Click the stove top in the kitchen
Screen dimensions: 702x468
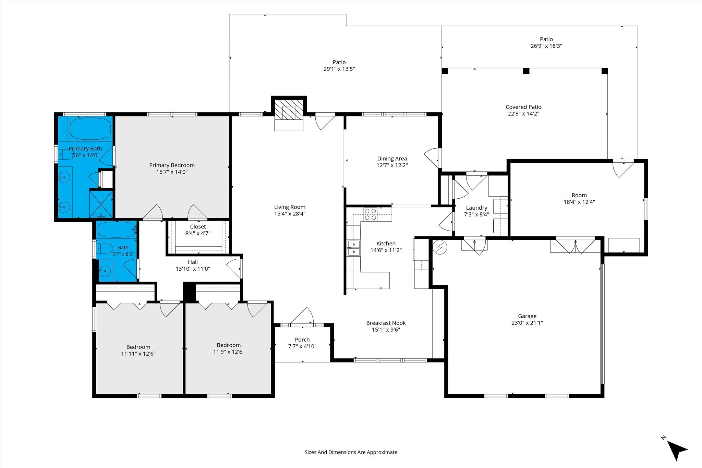(370, 214)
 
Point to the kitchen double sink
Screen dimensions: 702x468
(354, 248)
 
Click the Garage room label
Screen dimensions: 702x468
(527, 316)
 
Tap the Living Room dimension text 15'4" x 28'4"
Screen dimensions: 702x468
(290, 214)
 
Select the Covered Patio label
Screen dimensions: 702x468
(523, 107)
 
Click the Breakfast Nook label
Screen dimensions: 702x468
(386, 323)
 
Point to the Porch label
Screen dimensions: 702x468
(302, 340)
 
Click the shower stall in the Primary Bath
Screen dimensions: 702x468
(101, 204)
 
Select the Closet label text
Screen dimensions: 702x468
(198, 227)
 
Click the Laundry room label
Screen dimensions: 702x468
(476, 208)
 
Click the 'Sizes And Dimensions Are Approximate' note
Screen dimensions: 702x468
(351, 452)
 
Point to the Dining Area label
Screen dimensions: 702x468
(392, 159)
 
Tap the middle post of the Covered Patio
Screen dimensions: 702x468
(526, 71)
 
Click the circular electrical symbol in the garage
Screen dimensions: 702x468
(440, 247)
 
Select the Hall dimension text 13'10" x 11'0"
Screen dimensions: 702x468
(193, 269)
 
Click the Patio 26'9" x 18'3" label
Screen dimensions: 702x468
(546, 42)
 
